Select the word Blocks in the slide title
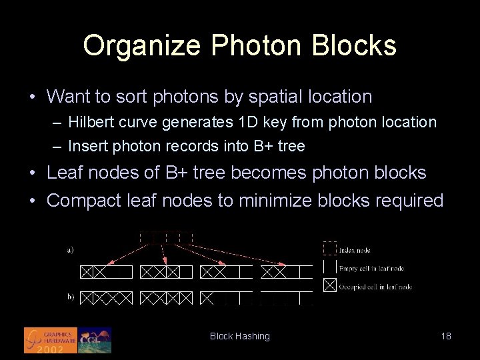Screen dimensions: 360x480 click(361, 45)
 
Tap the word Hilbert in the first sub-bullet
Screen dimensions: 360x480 click(90, 123)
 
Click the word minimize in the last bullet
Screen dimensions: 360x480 click(269, 200)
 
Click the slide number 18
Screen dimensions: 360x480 click(446, 336)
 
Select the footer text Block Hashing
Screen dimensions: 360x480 click(240, 336)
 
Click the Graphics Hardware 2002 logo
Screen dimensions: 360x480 click(51, 340)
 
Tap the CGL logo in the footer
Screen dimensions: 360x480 click(95, 340)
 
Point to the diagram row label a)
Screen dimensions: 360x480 click(70, 250)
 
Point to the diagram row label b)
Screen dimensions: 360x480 click(70, 297)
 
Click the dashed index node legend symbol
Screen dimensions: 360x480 click(329, 249)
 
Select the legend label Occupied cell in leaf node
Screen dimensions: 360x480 click(375, 287)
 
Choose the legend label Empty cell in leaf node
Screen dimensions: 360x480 click(371, 268)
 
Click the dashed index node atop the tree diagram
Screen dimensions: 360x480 click(166, 237)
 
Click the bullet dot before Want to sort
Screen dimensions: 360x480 click(33, 97)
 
